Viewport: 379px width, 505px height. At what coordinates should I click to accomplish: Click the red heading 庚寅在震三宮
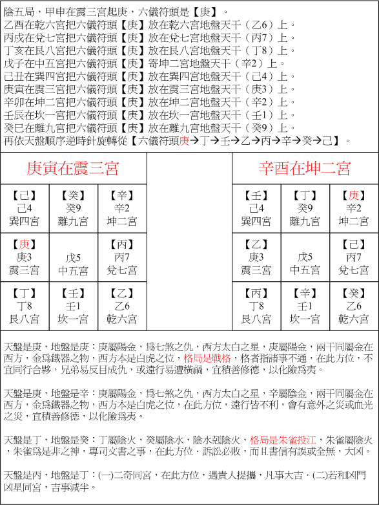pos(73,169)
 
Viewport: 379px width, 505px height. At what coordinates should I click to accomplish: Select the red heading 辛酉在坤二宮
pos(305,169)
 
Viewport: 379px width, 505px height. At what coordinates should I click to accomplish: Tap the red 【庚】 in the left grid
pos(24,244)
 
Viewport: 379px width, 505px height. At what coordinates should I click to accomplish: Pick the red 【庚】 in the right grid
pos(353,195)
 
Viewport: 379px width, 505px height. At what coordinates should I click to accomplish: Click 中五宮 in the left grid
pos(73,270)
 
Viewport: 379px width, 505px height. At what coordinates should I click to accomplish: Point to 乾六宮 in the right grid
pos(353,319)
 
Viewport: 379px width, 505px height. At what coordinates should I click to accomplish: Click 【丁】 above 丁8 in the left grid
pos(24,294)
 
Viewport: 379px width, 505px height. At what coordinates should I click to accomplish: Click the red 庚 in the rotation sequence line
pos(185,140)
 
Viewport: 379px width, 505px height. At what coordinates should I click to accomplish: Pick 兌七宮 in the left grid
pos(122,270)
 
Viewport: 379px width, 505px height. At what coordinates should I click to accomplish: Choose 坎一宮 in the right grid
pos(305,319)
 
